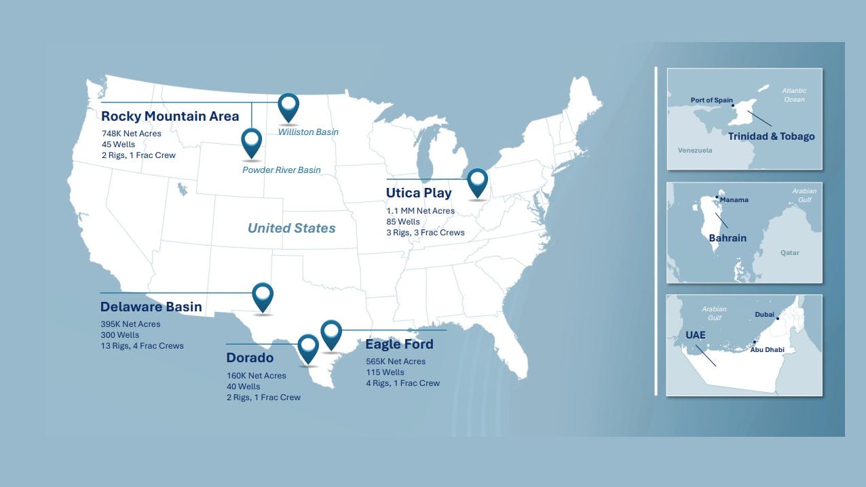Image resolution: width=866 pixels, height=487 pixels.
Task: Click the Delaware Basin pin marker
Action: (x=263, y=295)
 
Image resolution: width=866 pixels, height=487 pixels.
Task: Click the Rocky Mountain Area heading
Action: (x=170, y=116)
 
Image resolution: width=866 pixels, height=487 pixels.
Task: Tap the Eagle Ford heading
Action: (x=399, y=344)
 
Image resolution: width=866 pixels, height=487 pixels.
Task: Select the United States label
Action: (x=291, y=228)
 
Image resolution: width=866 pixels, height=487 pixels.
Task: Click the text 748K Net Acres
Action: (x=131, y=134)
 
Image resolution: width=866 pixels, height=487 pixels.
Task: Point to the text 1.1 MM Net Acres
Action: (x=420, y=211)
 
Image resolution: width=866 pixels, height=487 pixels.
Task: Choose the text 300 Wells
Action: (x=119, y=335)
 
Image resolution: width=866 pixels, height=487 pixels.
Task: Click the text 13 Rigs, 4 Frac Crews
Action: (x=142, y=346)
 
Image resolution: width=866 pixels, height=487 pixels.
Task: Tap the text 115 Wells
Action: (x=385, y=372)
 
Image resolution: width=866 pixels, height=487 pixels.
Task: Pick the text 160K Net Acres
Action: (x=256, y=376)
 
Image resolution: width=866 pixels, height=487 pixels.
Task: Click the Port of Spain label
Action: (x=711, y=100)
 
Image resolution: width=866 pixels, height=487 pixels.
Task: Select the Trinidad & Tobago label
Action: (x=771, y=136)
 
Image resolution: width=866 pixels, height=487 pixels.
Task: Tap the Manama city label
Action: (x=734, y=200)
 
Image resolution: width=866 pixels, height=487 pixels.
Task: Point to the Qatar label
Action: (x=789, y=253)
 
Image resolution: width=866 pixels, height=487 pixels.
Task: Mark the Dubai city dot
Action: (x=778, y=318)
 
